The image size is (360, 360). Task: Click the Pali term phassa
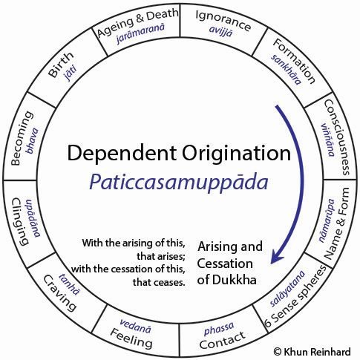pos(217,329)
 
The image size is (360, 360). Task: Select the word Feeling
pos(133,342)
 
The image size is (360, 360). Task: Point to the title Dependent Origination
pos(179,154)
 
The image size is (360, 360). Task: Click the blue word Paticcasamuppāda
pos(179,183)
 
